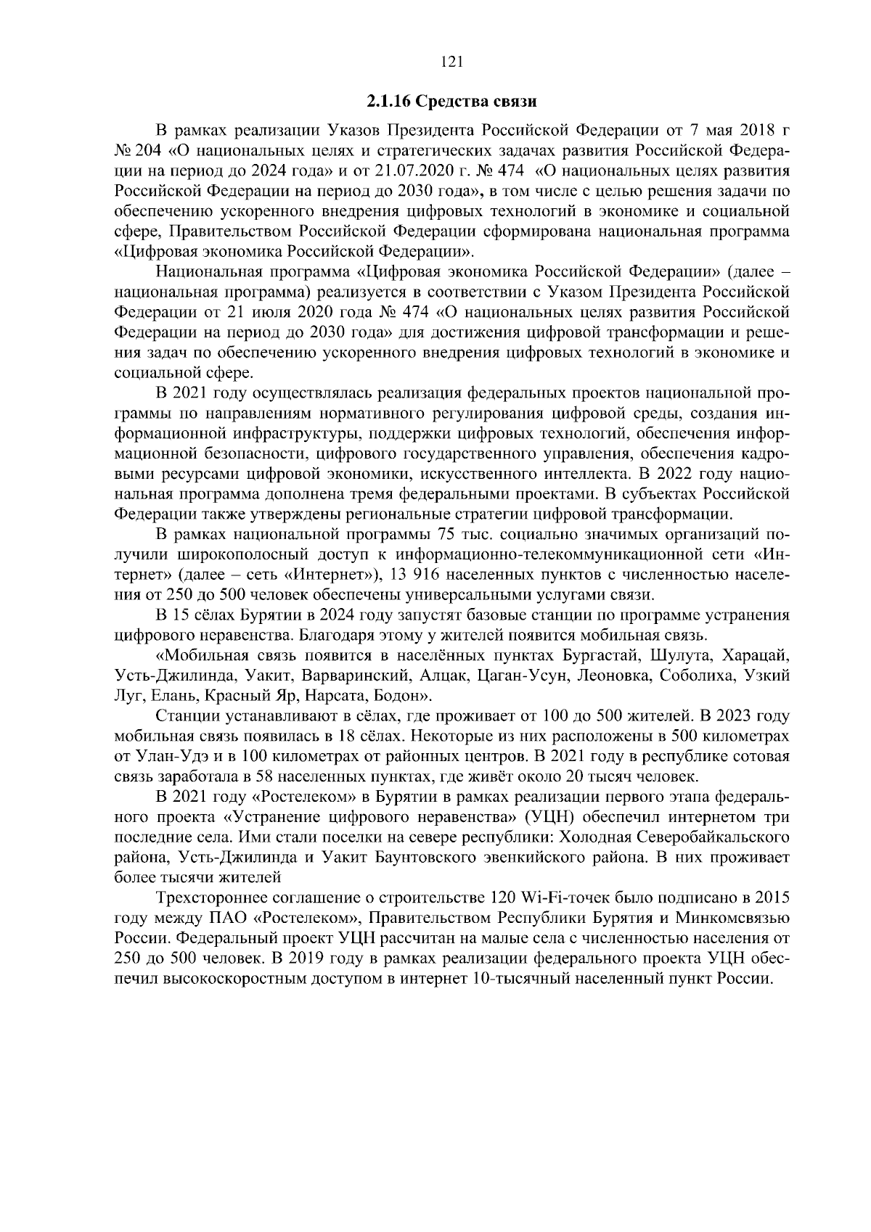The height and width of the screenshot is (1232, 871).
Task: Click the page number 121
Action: click(x=451, y=62)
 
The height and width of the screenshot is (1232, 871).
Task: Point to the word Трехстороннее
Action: click(x=213, y=897)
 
